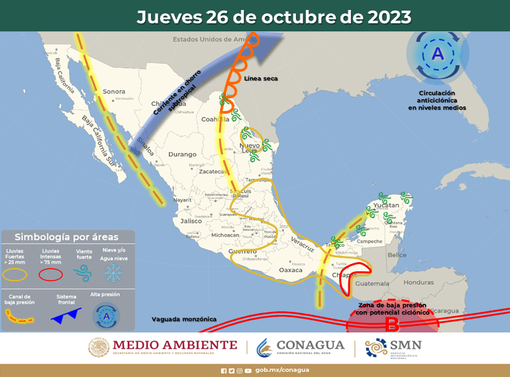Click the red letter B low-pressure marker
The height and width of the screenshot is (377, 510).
pyautogui.click(x=392, y=324)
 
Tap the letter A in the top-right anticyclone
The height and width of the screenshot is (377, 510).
pyautogui.click(x=438, y=54)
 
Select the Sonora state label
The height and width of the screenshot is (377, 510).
pyautogui.click(x=114, y=91)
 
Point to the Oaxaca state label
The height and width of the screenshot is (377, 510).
pyautogui.click(x=291, y=270)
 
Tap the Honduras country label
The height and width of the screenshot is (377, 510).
pyautogui.click(x=418, y=282)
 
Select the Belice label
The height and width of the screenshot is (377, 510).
pyautogui.click(x=397, y=255)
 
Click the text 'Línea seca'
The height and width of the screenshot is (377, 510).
pyautogui.click(x=260, y=78)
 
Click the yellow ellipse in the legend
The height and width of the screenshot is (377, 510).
pyautogui.click(x=16, y=273)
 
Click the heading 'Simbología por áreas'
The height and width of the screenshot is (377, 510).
pyautogui.click(x=67, y=237)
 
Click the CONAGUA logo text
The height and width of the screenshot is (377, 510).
pyautogui.click(x=310, y=345)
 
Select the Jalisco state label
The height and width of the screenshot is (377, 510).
pyautogui.click(x=190, y=221)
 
